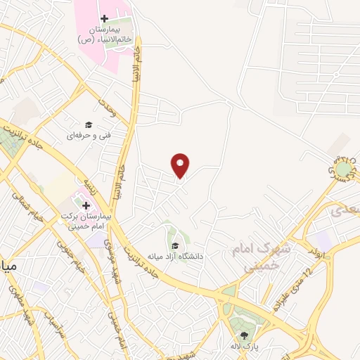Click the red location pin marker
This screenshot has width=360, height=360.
click(181, 165)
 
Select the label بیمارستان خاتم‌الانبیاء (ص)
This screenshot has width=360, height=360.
click(104, 34)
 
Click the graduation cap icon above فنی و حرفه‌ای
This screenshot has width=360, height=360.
click(89, 124)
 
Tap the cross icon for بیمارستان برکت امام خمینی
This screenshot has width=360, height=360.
click(86, 205)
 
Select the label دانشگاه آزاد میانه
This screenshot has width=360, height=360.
click(175, 256)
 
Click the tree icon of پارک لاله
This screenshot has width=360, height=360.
click(244, 335)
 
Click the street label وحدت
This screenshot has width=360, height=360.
click(106, 108)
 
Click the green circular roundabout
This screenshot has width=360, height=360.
click(343, 169)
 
